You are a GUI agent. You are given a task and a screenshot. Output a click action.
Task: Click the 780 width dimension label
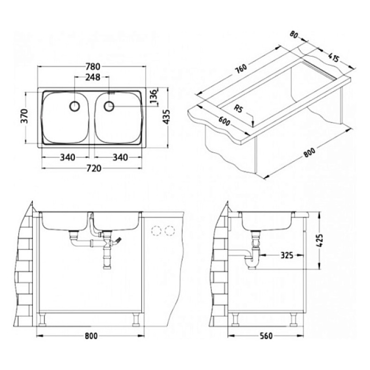(93, 67)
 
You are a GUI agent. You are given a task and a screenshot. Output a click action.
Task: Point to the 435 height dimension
(166, 117)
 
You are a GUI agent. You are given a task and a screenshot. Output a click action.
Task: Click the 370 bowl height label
(25, 116)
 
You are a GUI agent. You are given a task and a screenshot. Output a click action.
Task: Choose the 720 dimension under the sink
(93, 168)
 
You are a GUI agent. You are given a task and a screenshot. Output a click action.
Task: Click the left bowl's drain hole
(75, 106)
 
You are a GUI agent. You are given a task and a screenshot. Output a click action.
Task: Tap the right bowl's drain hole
(109, 106)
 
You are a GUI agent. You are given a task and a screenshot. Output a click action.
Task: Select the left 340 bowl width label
(68, 157)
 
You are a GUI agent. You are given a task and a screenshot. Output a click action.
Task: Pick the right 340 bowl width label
(120, 157)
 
